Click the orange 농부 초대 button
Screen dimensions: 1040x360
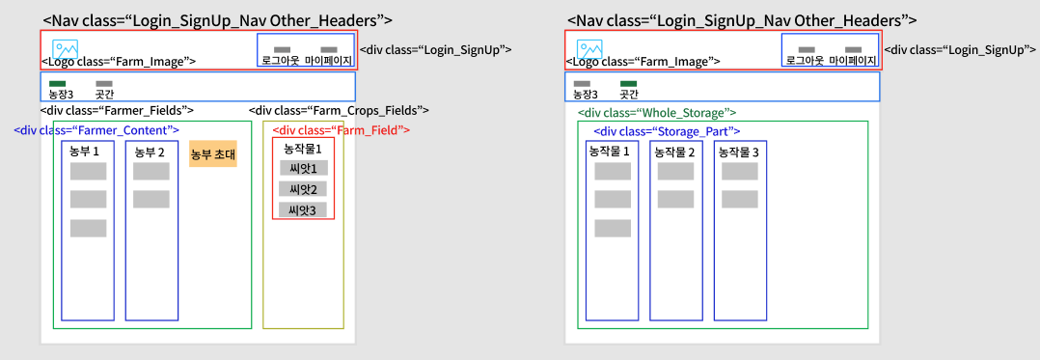tap(213, 153)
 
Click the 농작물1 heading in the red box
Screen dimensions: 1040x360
tap(303, 148)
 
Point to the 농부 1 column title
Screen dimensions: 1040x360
tap(84, 152)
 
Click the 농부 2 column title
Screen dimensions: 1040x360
tap(150, 152)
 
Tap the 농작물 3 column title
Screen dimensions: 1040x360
tap(740, 152)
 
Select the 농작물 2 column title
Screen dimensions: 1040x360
tap(676, 152)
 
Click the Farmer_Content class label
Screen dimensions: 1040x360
tap(96, 129)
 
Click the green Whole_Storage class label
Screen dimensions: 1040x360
tap(657, 113)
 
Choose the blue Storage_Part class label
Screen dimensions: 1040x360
tap(667, 131)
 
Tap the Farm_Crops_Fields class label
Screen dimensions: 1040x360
tap(339, 109)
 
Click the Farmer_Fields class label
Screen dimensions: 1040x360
tap(117, 109)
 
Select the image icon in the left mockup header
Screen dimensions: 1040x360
tap(65, 50)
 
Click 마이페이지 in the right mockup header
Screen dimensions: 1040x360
tap(852, 61)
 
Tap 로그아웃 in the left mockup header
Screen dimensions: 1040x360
tap(282, 61)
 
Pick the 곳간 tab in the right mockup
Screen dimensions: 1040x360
tap(628, 95)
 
